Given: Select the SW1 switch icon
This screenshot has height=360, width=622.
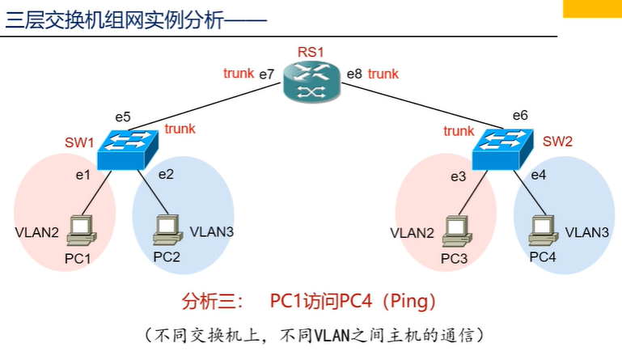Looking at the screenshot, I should coord(127,149).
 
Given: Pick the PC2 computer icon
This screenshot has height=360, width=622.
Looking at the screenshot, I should coord(165,231).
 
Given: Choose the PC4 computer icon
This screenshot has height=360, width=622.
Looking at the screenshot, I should coord(542,230).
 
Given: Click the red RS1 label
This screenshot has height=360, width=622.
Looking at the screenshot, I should coord(310,53).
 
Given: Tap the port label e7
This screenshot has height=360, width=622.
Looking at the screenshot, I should coord(267,74).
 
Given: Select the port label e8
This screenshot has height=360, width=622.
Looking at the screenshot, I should coord(354,74).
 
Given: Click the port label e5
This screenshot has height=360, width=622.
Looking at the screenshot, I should coord(122,116).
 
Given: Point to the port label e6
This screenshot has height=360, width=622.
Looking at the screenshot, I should coord(520,115).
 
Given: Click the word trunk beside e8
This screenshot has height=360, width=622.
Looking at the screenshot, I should coord(383,74).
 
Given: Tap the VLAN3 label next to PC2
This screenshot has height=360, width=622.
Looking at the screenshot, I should coord(212,231).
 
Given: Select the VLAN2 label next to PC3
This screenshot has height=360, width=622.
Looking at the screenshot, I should coord(413,233).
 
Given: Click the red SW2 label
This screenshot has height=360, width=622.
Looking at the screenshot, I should coord(557,142).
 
